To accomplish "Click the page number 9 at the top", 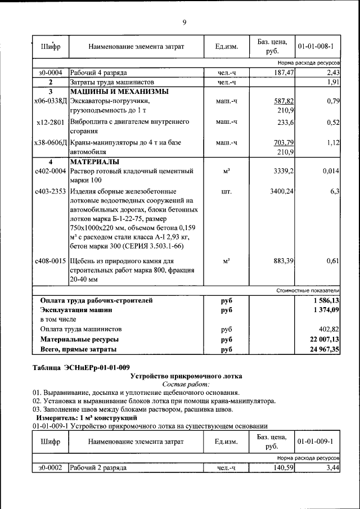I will click(x=184, y=22).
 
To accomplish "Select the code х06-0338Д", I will click(x=50, y=101).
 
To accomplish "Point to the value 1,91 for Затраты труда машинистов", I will click(x=333, y=83).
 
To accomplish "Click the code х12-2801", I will click(x=50, y=121).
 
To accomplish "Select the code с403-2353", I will click(x=50, y=192).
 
